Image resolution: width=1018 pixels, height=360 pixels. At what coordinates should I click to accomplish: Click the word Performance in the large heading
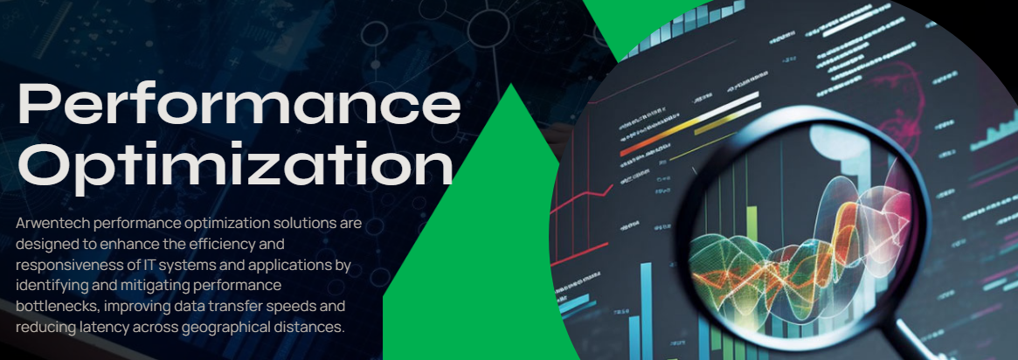[x=239, y=106]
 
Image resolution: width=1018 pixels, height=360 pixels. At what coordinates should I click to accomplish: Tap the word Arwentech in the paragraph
[x=52, y=225]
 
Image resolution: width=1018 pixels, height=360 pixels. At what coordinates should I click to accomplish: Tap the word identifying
[x=48, y=286]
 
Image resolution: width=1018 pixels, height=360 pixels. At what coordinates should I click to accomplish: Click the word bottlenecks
[x=56, y=306]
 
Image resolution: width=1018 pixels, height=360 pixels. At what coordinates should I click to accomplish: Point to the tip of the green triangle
[x=512, y=85]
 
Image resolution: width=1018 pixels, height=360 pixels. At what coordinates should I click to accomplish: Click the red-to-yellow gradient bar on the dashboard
[x=689, y=123]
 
